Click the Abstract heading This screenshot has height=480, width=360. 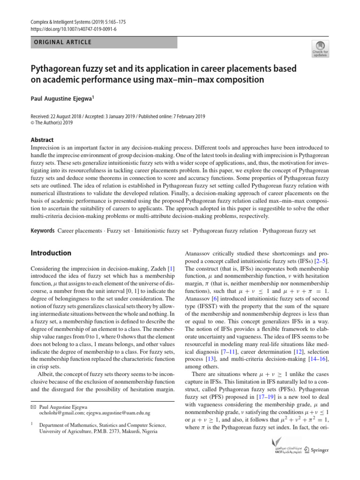click(x=42, y=140)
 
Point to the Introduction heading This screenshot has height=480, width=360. click(x=51, y=253)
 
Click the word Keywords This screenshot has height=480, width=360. click(x=42, y=231)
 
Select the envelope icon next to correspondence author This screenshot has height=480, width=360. click(x=33, y=407)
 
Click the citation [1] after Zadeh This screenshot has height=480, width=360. click(x=172, y=268)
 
